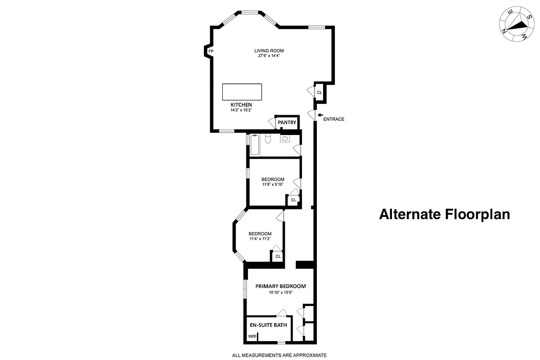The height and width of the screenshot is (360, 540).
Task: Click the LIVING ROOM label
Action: [x=269, y=50]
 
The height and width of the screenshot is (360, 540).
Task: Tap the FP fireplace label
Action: [x=211, y=52]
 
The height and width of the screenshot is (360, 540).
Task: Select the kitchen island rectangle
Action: [x=242, y=92]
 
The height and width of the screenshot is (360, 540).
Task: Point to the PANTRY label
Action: [x=287, y=122]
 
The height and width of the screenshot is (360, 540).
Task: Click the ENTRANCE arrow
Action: [x=320, y=115]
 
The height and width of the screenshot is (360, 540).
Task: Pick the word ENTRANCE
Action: [x=334, y=119]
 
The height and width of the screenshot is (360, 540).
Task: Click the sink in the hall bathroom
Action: [x=285, y=138]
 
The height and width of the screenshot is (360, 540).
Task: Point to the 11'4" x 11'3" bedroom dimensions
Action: [x=260, y=239]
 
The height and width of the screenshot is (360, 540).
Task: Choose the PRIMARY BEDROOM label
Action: [x=280, y=286]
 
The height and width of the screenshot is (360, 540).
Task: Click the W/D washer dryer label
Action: [x=252, y=336]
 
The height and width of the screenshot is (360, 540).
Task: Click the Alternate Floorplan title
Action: [x=445, y=214]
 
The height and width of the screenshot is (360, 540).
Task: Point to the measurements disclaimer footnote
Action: [x=279, y=355]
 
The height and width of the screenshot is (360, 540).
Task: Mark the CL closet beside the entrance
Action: [x=319, y=93]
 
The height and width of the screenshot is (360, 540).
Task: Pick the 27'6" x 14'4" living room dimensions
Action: [x=269, y=56]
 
